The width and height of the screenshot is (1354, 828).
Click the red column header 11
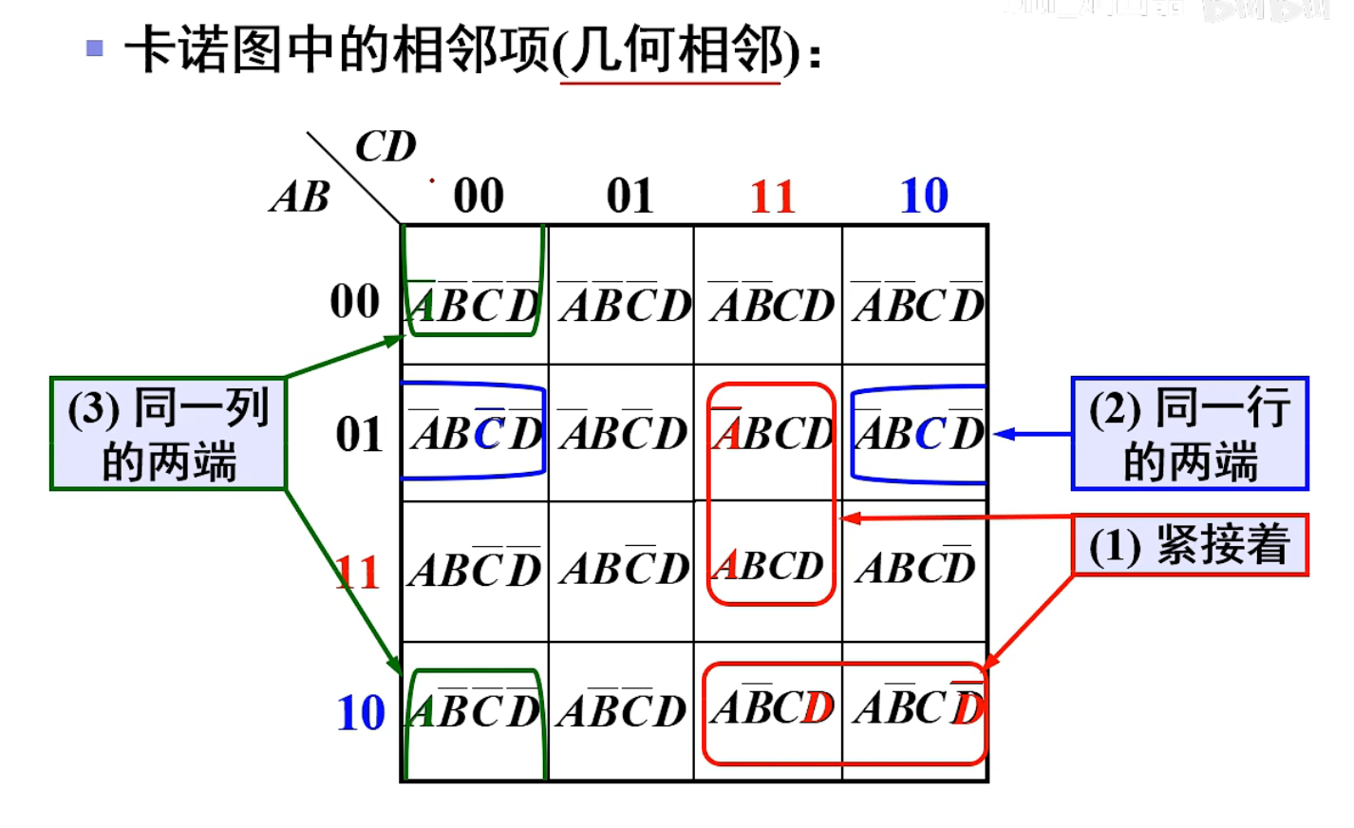point(772,197)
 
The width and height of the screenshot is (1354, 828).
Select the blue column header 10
point(924,197)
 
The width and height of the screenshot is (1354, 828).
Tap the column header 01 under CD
point(630,197)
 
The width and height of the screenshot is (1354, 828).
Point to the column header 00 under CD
point(479,197)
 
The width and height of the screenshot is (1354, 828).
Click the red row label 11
point(358,573)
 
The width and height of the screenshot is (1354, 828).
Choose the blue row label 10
point(361,712)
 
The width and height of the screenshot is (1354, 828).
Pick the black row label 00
point(355,302)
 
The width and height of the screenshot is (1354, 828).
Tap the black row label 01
point(359,435)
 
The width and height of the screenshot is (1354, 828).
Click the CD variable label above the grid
point(386,147)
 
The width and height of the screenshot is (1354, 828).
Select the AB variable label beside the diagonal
point(300,198)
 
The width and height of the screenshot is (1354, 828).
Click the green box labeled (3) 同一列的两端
point(168,434)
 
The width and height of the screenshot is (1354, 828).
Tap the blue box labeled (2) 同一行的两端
point(1189,434)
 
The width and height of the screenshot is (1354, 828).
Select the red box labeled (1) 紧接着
point(1189,545)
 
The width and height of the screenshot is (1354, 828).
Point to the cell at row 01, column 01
point(622,434)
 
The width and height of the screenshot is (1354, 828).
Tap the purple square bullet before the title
point(95,47)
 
